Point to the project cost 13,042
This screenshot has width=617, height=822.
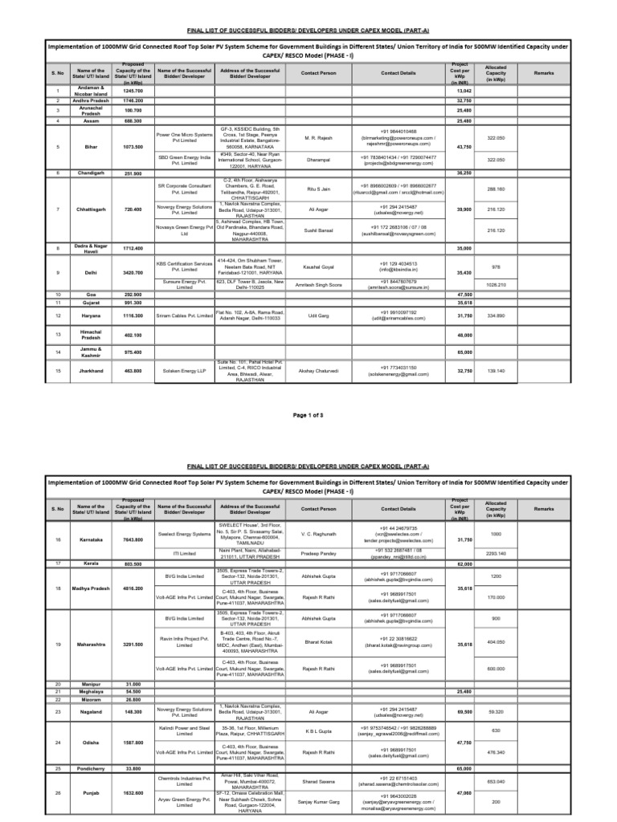[464, 91]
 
